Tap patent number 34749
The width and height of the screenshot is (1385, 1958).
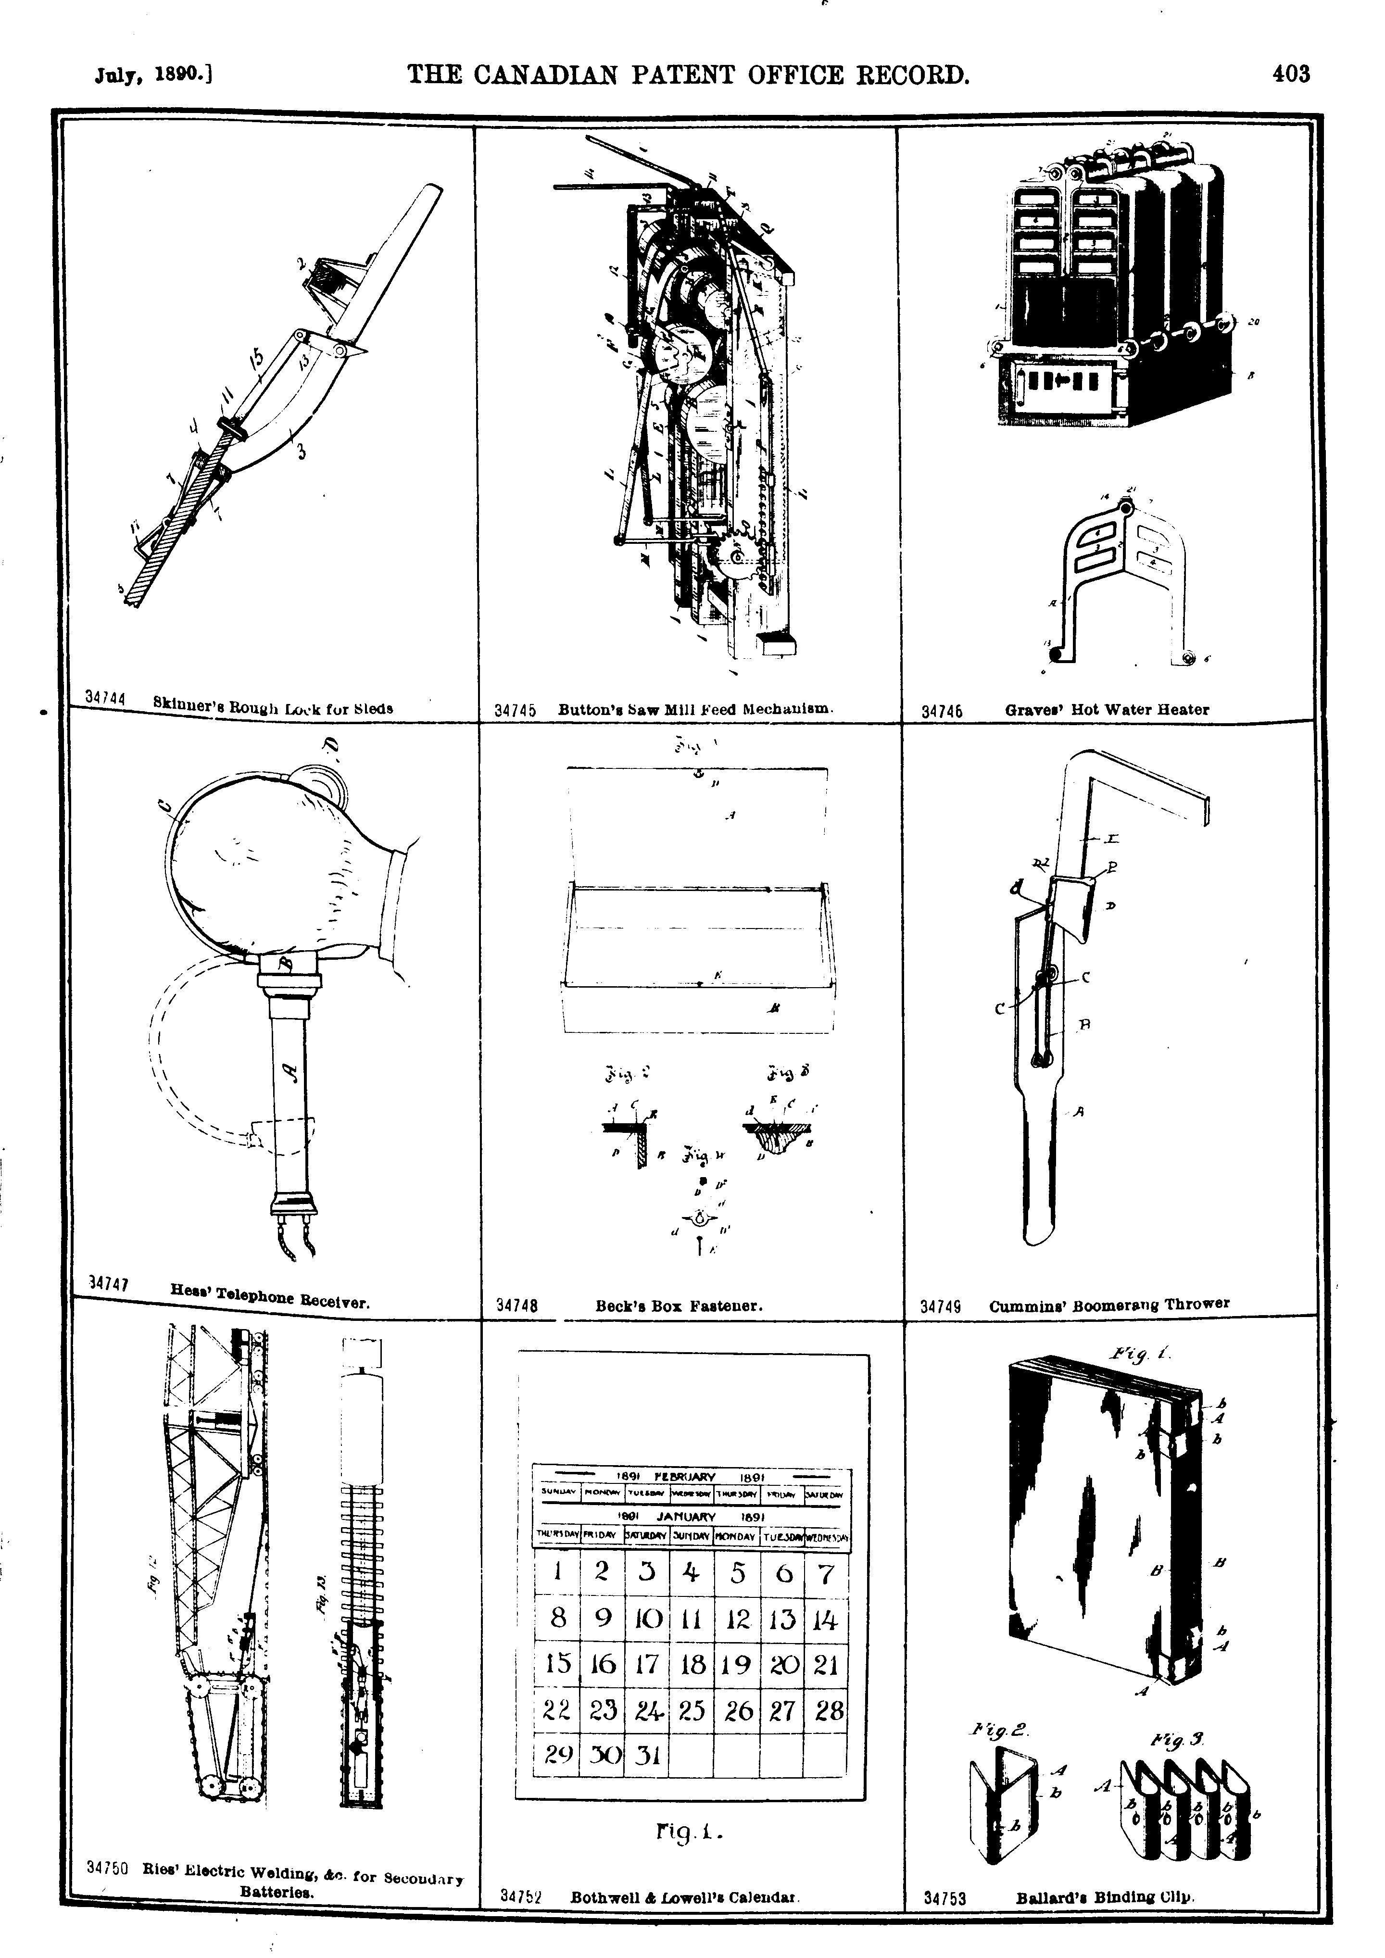pyautogui.click(x=942, y=1306)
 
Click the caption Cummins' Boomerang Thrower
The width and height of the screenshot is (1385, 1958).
pyautogui.click(x=1108, y=1305)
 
